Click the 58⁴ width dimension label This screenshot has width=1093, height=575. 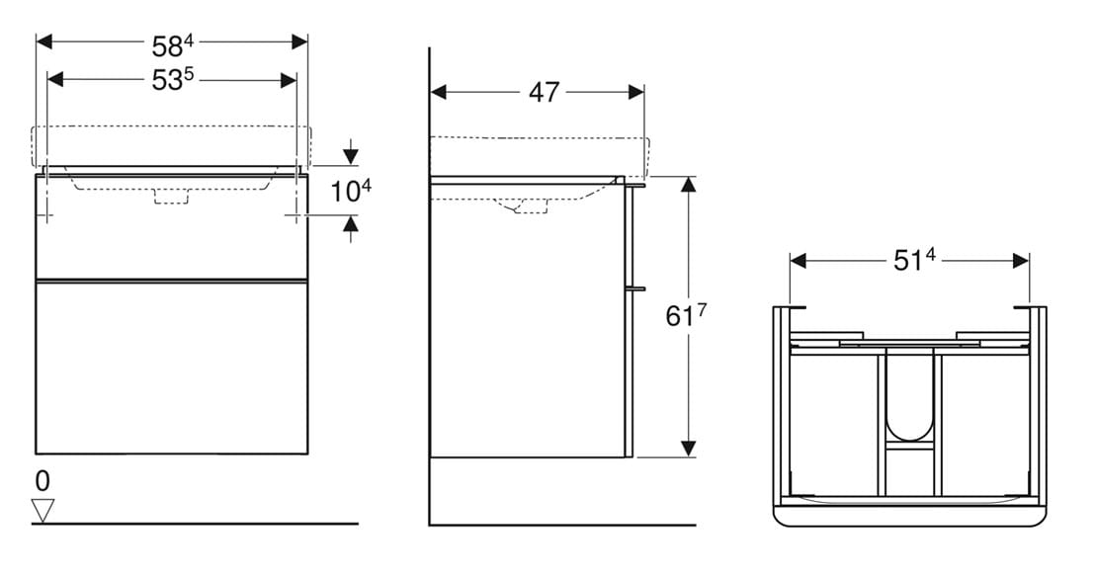coord(172,46)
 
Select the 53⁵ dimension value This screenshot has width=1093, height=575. coord(172,80)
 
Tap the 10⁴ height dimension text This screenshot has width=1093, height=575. coord(351,191)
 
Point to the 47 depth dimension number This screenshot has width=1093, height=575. coord(544,92)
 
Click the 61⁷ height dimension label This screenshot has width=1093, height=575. coord(686,315)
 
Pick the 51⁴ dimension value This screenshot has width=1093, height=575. coord(914,261)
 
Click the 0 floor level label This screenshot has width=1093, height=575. coord(42,481)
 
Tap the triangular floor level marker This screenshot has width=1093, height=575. coord(43,511)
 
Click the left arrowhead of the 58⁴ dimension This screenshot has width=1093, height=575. coord(43,41)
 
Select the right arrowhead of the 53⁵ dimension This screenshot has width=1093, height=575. coord(289,80)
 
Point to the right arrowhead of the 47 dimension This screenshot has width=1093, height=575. coord(635,92)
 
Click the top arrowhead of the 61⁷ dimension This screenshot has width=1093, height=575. coord(688,184)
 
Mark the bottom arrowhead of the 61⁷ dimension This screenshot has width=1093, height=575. coord(688,449)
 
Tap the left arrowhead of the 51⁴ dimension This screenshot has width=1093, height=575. coord(799,261)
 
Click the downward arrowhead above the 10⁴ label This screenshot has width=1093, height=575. coord(351,157)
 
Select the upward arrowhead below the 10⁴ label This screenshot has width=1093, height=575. coord(351,224)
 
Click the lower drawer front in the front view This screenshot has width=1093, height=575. coord(172,368)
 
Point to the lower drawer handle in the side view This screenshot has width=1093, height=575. coord(635,287)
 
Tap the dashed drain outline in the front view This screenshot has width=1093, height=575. coord(171,197)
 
